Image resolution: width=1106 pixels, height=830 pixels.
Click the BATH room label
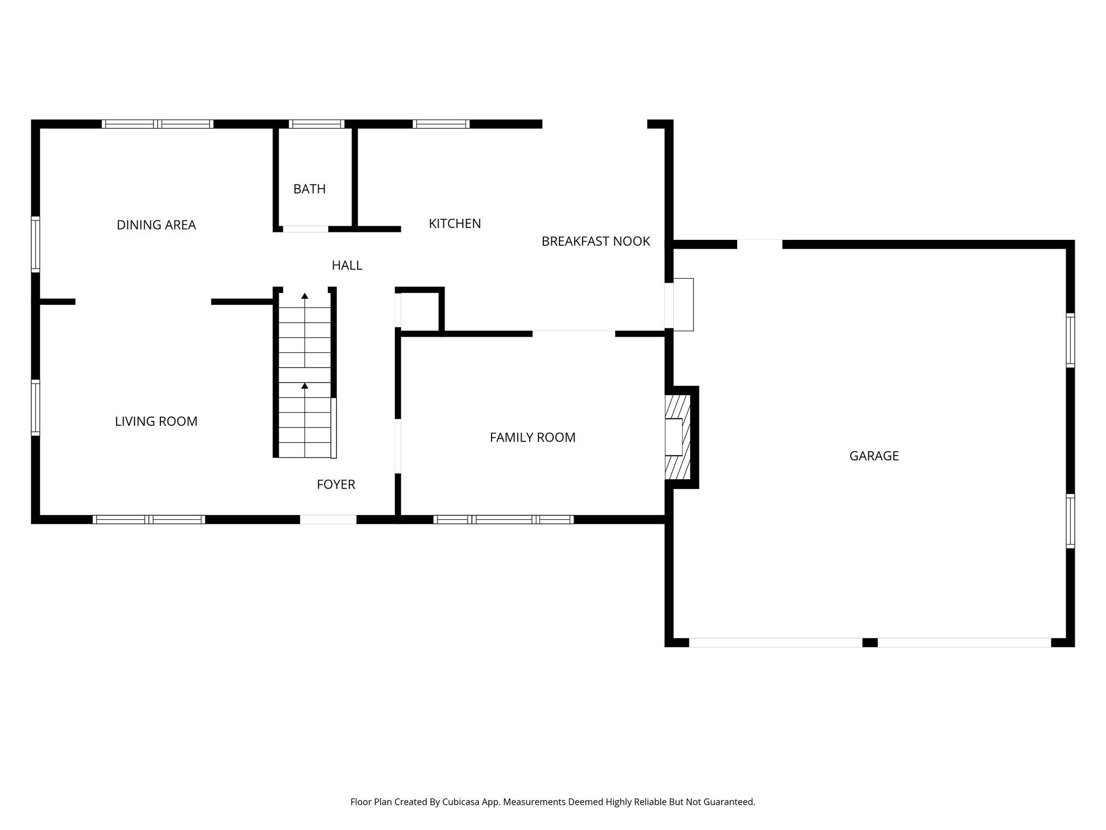tap(309, 189)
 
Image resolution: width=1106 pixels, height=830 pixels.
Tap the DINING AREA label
tap(156, 225)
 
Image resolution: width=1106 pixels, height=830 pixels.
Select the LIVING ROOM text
tap(156, 421)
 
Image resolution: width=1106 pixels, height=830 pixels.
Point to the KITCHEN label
tap(455, 224)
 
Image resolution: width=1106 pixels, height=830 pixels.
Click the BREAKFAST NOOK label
tap(596, 242)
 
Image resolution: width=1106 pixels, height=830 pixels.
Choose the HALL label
tap(347, 265)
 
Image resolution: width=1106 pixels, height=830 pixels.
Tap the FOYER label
tap(336, 485)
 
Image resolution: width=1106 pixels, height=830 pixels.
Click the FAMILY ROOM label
tap(532, 438)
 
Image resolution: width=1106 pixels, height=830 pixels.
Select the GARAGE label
tap(874, 456)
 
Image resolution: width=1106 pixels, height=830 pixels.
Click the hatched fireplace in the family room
tap(678, 437)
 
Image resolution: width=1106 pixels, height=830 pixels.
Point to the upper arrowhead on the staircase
tap(305, 296)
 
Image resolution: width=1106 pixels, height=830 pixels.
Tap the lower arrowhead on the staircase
tap(305, 386)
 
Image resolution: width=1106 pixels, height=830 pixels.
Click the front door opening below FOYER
tap(328, 519)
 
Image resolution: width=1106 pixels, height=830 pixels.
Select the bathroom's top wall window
tap(316, 124)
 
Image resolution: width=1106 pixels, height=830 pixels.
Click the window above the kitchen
tap(441, 124)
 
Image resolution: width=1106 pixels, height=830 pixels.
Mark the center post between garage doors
tap(869, 642)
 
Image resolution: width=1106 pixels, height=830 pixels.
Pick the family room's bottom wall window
tap(503, 519)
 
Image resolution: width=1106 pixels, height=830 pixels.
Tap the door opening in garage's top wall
tap(759, 244)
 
